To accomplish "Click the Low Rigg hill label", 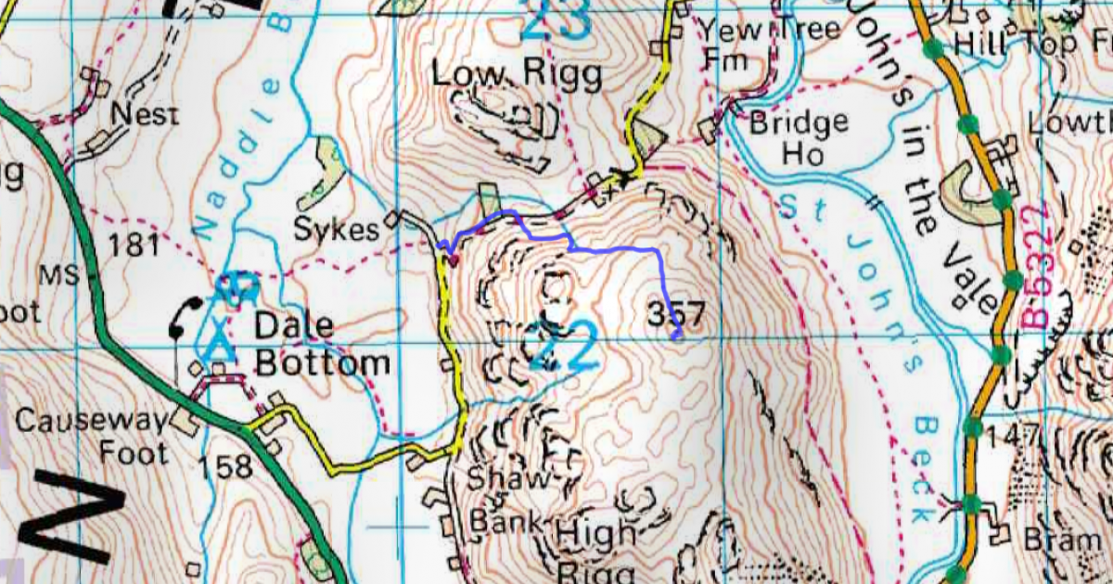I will [518, 74].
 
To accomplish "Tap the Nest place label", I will [143, 115].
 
